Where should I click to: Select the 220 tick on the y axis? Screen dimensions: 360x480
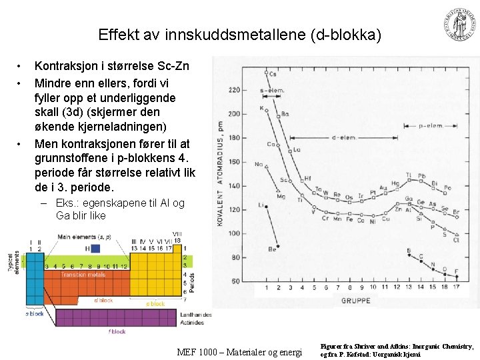234,89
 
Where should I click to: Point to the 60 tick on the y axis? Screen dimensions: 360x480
235,281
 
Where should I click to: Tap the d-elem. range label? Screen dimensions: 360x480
343,138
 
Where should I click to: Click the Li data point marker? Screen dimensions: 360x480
267,207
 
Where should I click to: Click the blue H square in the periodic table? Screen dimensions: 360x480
95,248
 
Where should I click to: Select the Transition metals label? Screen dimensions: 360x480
83,275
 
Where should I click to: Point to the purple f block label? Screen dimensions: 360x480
117,331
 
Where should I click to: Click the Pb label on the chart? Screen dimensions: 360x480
422,177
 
